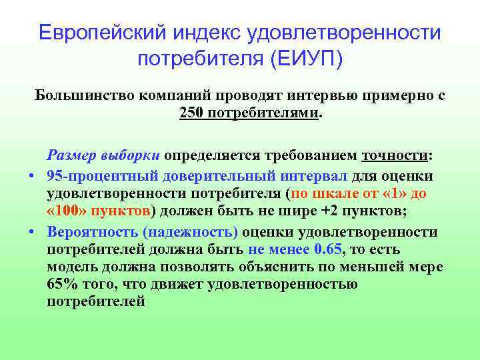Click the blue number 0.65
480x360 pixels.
[x=327, y=250]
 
